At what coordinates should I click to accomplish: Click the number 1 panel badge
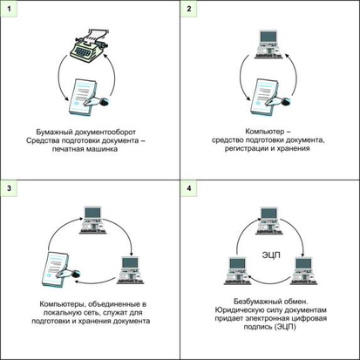[9, 9]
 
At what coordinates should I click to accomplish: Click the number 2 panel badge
[189, 9]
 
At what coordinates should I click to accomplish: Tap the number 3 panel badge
[9, 188]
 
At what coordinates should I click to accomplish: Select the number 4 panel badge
[189, 188]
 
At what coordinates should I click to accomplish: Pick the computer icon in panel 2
[268, 44]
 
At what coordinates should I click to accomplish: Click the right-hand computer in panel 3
[131, 270]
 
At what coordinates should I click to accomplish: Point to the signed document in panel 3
[60, 269]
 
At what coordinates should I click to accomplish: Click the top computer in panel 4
[269, 221]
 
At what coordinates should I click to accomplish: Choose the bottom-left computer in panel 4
[238, 271]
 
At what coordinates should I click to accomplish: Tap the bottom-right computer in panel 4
[303, 270]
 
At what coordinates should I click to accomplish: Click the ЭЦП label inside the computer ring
[271, 255]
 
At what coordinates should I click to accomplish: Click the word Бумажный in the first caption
[54, 132]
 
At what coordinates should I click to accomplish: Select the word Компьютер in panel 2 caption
[265, 132]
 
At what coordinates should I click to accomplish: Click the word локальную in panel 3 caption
[62, 313]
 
